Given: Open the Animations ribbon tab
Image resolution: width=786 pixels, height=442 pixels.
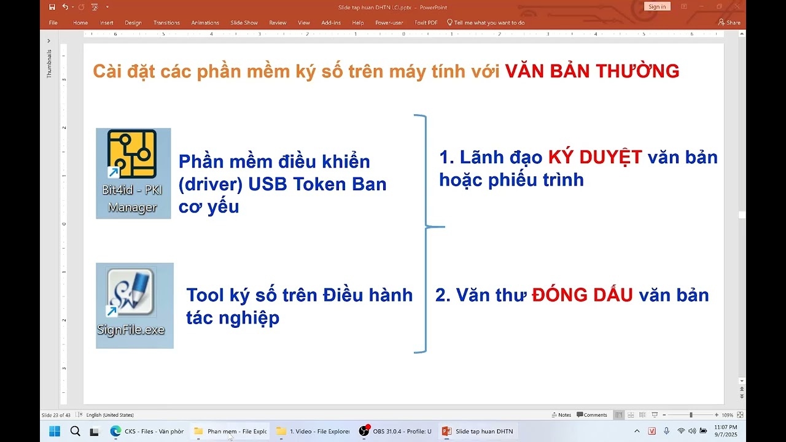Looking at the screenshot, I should (x=205, y=23).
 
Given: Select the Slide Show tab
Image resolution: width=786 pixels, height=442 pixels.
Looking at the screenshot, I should (x=244, y=23).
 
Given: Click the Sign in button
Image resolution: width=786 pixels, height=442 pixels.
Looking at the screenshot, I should (x=657, y=7).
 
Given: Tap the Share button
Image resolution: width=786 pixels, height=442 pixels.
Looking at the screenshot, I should (x=730, y=23).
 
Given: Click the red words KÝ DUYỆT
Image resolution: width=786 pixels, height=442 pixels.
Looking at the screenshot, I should (x=594, y=158).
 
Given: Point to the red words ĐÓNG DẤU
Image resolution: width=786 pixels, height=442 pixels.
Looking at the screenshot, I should (x=582, y=295).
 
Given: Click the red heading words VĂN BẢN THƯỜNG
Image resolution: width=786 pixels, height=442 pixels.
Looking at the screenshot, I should (x=592, y=71).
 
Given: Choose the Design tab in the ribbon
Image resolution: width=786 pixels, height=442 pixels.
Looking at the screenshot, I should (x=133, y=23).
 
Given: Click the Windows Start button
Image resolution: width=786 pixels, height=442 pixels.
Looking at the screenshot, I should (x=55, y=431).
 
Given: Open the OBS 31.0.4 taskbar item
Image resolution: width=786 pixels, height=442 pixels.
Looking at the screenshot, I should (x=396, y=431).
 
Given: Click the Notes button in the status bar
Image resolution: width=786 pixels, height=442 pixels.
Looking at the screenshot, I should (x=561, y=415).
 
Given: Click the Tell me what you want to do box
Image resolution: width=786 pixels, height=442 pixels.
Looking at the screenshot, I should (x=489, y=23).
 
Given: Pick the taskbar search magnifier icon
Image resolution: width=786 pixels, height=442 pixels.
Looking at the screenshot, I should (x=75, y=431).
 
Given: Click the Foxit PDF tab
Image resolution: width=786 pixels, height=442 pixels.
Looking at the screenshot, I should (x=426, y=23).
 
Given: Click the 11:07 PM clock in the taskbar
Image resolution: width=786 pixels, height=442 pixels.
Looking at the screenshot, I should (x=725, y=427).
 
